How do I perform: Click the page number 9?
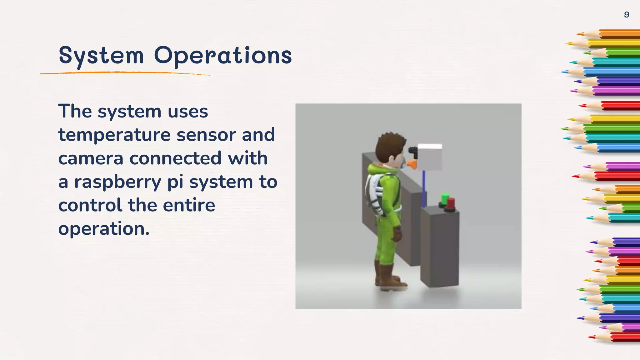pyautogui.click(x=626, y=15)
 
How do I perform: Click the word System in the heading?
pyautogui.click(x=101, y=56)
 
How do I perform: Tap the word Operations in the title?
pyautogui.click(x=223, y=56)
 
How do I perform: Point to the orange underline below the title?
pyautogui.click(x=125, y=73)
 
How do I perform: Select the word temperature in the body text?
pyautogui.click(x=114, y=135)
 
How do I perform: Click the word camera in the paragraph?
pyautogui.click(x=91, y=158)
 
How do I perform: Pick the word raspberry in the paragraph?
pyautogui.click(x=117, y=182)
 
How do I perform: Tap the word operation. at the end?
pyautogui.click(x=104, y=229)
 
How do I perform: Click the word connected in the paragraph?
pyautogui.click(x=176, y=158)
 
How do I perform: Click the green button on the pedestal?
pyautogui.click(x=445, y=199)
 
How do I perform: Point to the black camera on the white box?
pyautogui.click(x=413, y=151)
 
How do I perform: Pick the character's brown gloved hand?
pyautogui.click(x=397, y=234)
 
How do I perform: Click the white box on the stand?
pyautogui.click(x=430, y=157)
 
